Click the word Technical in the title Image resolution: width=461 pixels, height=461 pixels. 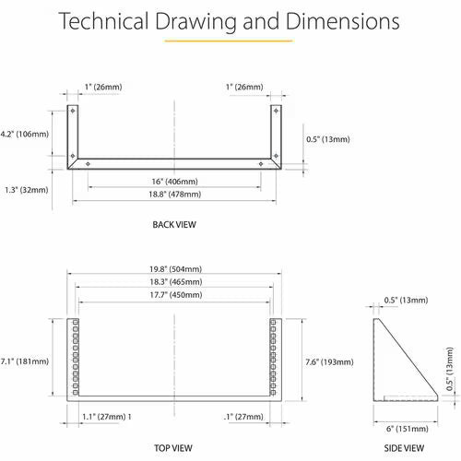(x=103, y=21)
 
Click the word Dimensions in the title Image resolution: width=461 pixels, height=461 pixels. (x=343, y=21)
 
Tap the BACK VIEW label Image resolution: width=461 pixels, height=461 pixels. (x=174, y=225)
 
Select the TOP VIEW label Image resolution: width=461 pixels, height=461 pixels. (x=173, y=448)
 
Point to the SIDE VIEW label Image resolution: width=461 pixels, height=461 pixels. (x=404, y=448)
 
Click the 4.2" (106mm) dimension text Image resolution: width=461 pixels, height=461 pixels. (x=25, y=134)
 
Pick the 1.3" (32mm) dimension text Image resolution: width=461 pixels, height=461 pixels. (x=27, y=190)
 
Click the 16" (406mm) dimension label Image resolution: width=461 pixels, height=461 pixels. (x=174, y=182)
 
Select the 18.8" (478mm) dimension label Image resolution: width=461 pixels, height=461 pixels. (x=175, y=195)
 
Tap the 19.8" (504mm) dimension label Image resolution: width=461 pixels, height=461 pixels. (x=176, y=269)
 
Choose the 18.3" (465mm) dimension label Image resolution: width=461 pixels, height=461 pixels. (x=176, y=282)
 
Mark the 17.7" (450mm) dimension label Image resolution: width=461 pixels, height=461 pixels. (x=176, y=295)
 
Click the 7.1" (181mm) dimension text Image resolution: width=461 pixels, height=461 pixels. (x=25, y=361)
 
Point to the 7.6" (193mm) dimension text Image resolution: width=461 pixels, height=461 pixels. (x=329, y=362)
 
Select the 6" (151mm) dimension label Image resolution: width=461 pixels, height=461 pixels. (x=408, y=429)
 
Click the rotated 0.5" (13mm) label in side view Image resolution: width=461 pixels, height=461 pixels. (x=450, y=369)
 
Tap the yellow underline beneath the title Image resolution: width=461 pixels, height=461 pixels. (x=229, y=41)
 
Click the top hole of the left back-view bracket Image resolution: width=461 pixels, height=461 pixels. (x=73, y=111)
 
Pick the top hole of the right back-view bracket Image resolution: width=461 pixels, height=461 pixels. (x=276, y=111)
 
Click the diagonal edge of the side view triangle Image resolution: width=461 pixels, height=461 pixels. (x=408, y=357)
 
